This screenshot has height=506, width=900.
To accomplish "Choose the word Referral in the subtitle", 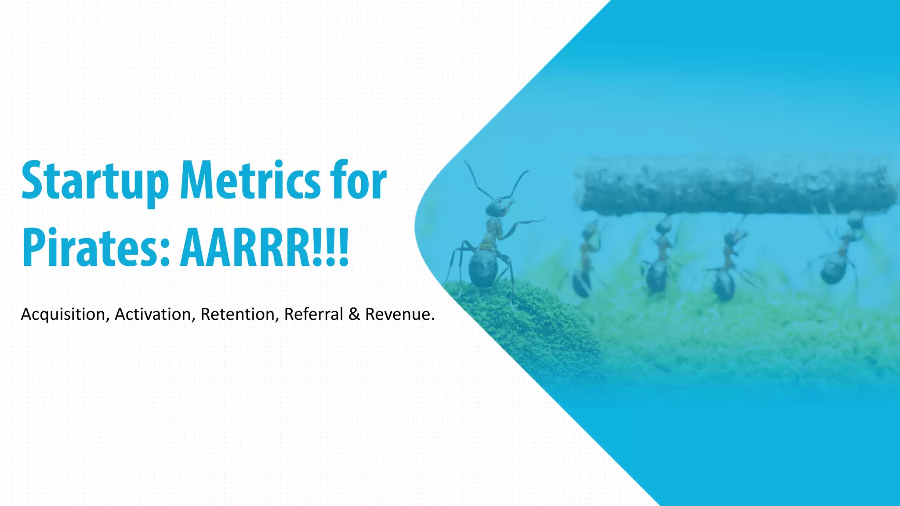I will coord(314,314).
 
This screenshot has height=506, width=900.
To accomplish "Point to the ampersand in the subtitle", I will coord(354,314).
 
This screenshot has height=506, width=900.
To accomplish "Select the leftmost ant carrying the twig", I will coord(584,264).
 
